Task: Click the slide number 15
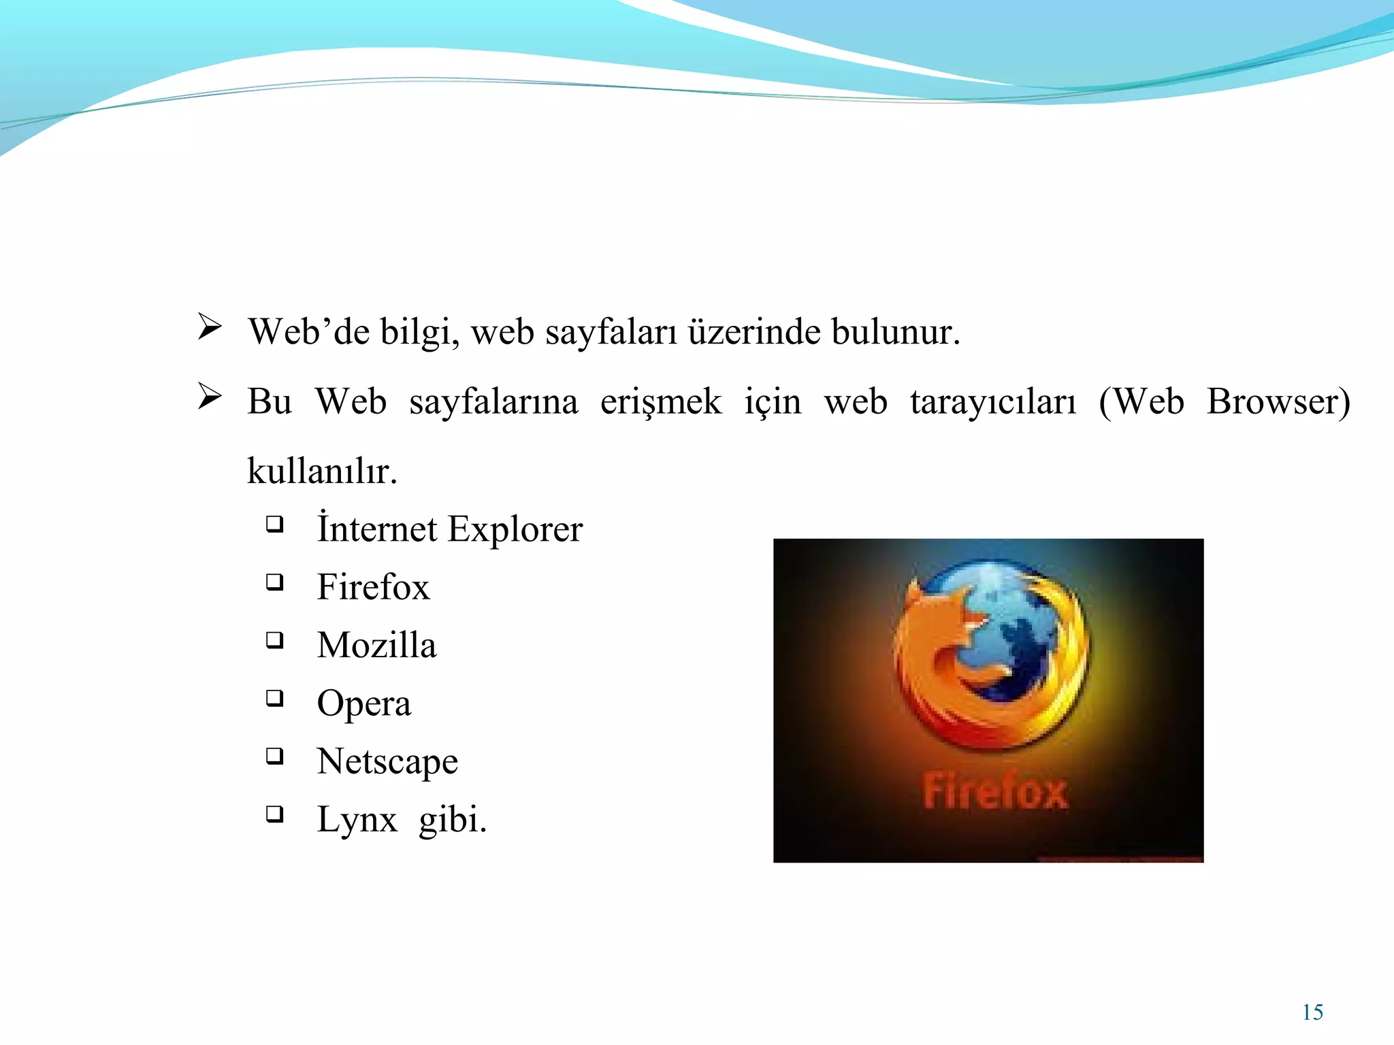(1312, 1012)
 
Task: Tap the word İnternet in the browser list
(377, 529)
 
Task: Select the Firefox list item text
(373, 587)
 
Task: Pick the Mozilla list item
(376, 645)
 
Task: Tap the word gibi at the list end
(452, 820)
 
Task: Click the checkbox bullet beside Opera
(274, 698)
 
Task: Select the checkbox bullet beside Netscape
(274, 756)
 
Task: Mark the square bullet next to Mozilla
(274, 640)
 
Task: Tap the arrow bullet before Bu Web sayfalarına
(209, 396)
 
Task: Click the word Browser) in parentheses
(1278, 402)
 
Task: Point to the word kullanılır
(321, 471)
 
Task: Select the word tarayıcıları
(992, 402)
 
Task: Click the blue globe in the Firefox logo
(1014, 633)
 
